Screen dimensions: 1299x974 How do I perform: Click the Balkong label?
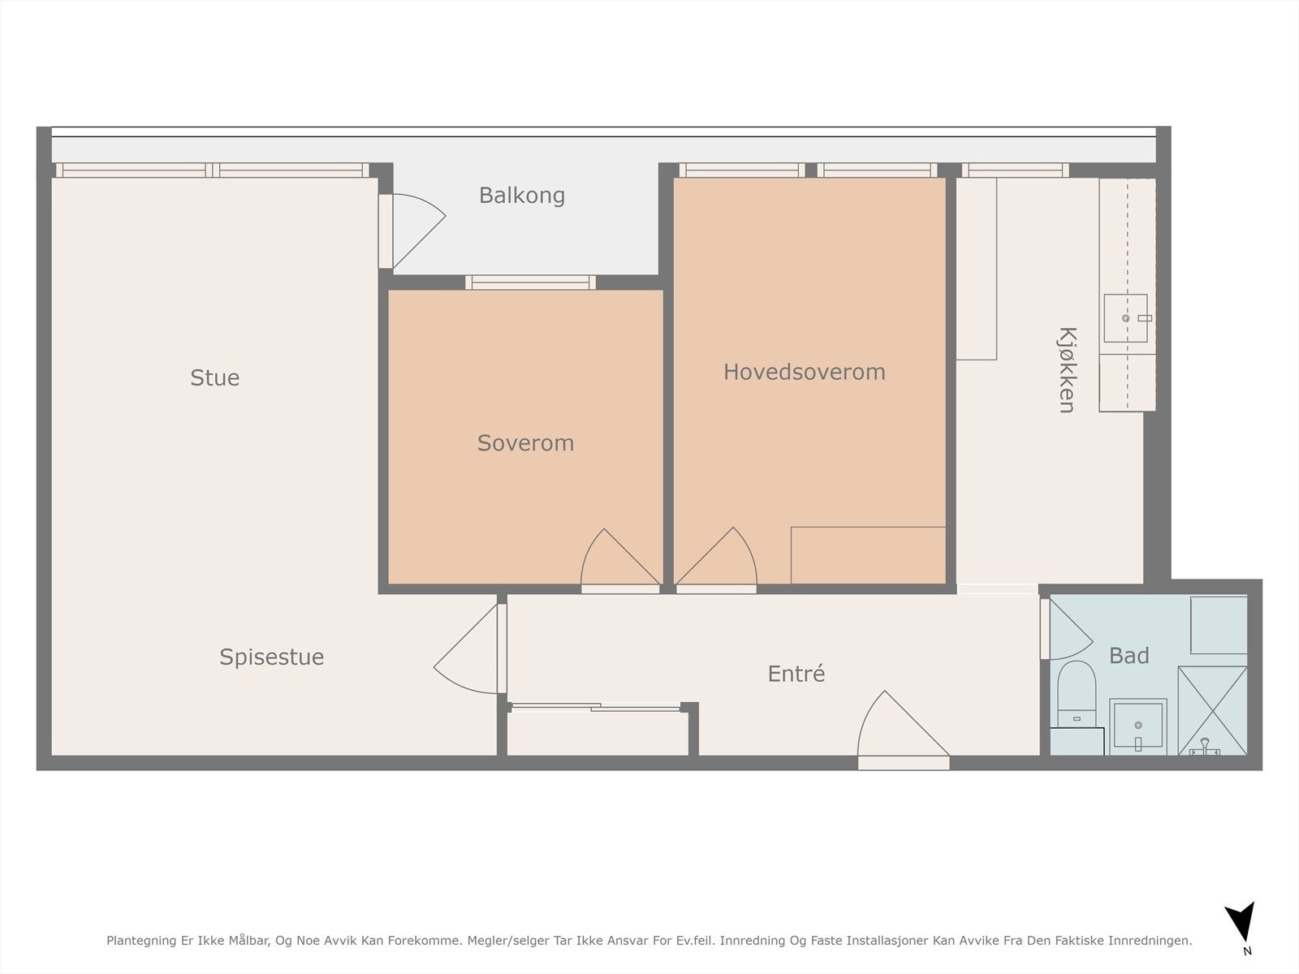(522, 196)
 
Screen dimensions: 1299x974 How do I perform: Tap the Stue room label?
(215, 378)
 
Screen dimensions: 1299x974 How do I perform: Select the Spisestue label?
(272, 657)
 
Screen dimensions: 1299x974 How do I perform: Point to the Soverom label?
(525, 443)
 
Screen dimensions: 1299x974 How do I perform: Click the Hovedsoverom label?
(805, 372)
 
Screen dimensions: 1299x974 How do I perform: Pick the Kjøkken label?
(1067, 369)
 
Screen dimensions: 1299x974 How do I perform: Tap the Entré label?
(796, 674)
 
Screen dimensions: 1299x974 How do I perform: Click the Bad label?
(1129, 655)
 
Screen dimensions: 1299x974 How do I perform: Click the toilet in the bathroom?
(1077, 694)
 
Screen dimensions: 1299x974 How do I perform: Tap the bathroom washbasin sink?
(1138, 726)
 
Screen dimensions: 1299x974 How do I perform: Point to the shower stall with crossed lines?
(1213, 711)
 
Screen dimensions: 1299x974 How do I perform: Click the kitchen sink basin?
(1125, 318)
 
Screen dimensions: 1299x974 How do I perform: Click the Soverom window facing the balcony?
(530, 282)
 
